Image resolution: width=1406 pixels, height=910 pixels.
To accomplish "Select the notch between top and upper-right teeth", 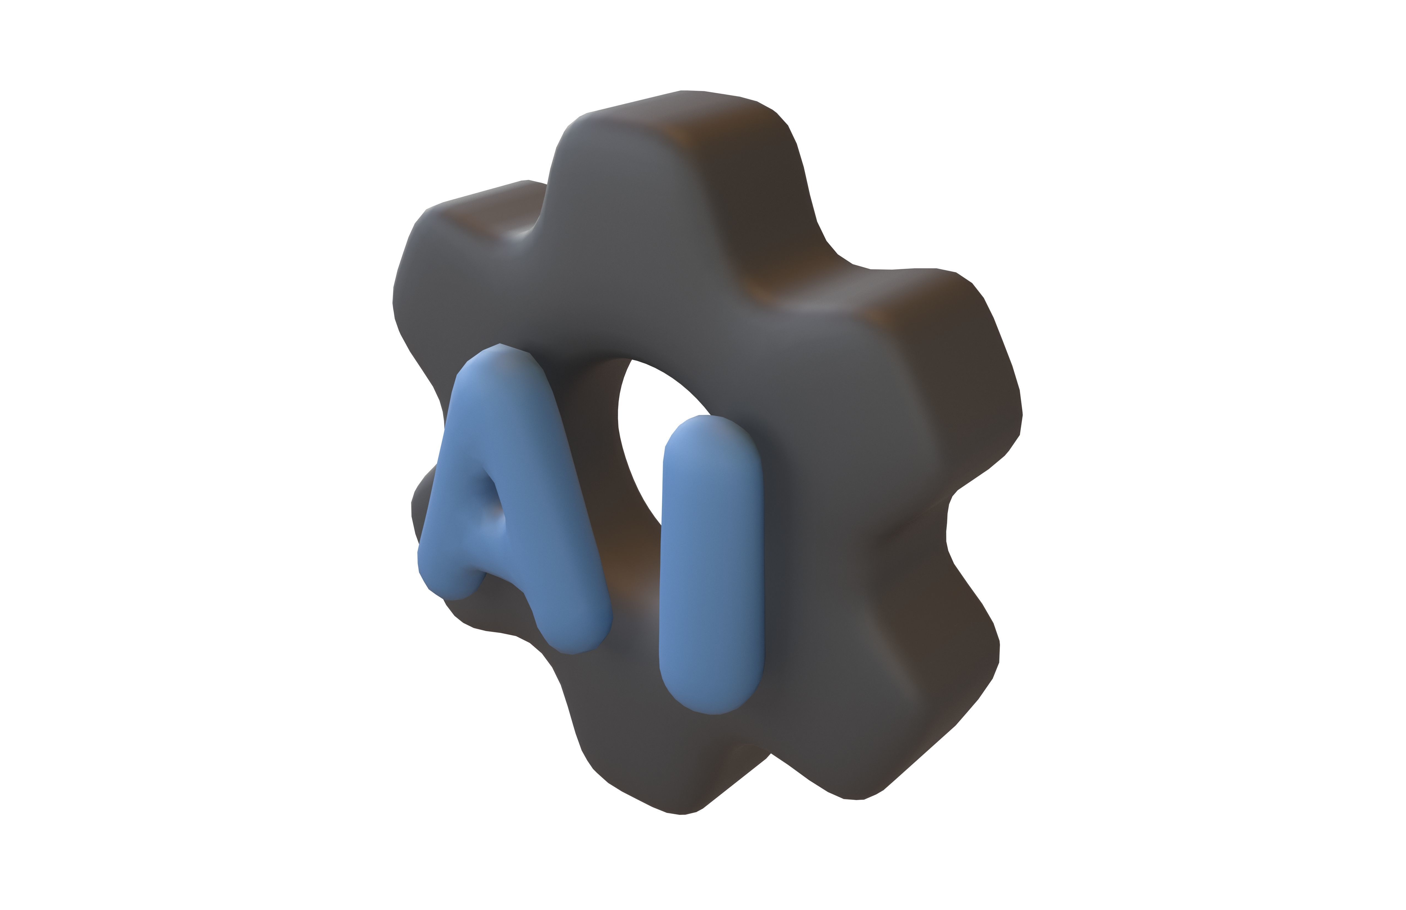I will coord(827,260).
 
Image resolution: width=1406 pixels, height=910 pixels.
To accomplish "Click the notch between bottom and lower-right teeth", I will coord(780,756).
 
